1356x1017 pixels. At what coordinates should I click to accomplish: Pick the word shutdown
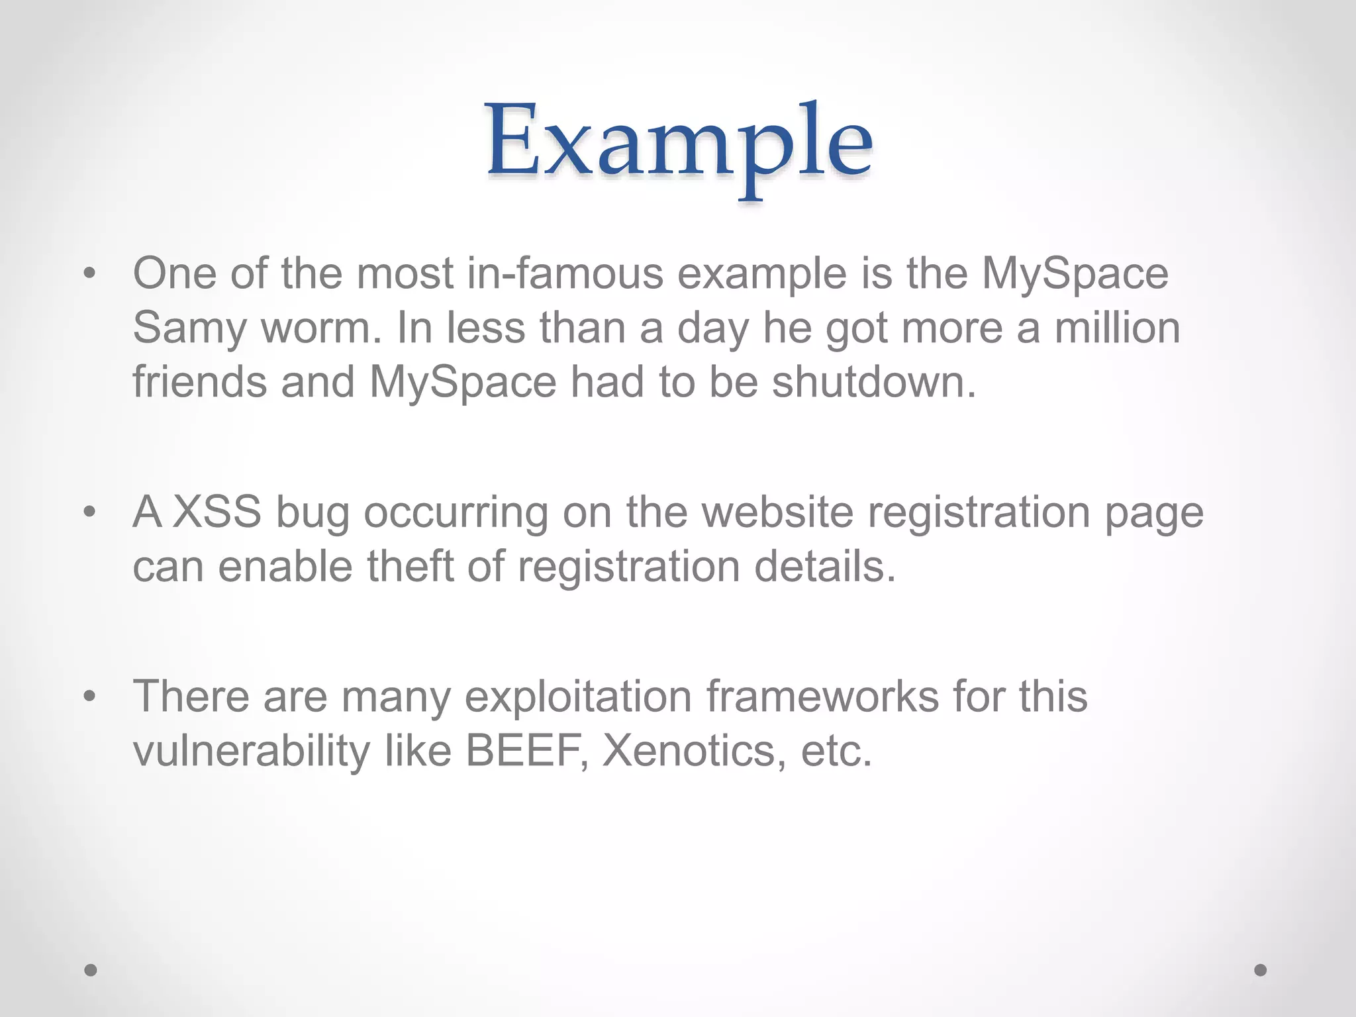(873, 383)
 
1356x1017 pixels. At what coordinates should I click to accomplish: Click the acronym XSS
(218, 512)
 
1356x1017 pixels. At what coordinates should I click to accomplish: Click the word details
(825, 567)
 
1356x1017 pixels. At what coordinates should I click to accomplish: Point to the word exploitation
(579, 697)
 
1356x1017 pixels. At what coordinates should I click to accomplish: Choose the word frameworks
(822, 697)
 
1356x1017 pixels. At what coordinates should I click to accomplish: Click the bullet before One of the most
(90, 273)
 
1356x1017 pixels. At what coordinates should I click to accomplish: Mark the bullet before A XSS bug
(90, 512)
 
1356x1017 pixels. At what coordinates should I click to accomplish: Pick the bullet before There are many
(90, 697)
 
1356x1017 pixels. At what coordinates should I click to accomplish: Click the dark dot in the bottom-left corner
(91, 970)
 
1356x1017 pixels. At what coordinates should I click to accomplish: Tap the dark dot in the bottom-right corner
(1261, 970)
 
